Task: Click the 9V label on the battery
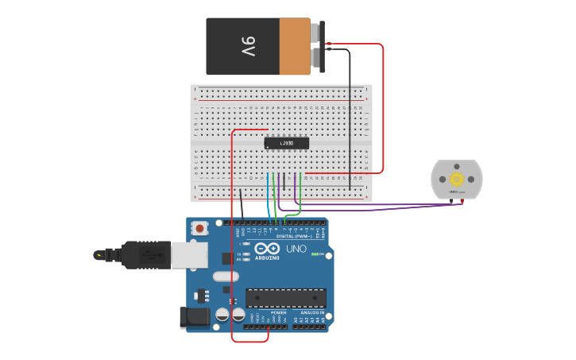coord(248,46)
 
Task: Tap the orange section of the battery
coord(295,46)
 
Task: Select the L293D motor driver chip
coord(287,143)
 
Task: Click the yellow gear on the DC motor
coord(457,180)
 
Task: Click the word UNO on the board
coord(296,250)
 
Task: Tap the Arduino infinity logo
coord(268,250)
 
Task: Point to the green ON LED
coord(316,254)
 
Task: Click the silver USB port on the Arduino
coord(190,254)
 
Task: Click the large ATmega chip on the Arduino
coord(286,298)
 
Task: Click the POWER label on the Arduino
coord(278,312)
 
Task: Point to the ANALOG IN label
coord(313,312)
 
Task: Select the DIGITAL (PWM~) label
coord(295,236)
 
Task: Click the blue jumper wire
coord(269,195)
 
